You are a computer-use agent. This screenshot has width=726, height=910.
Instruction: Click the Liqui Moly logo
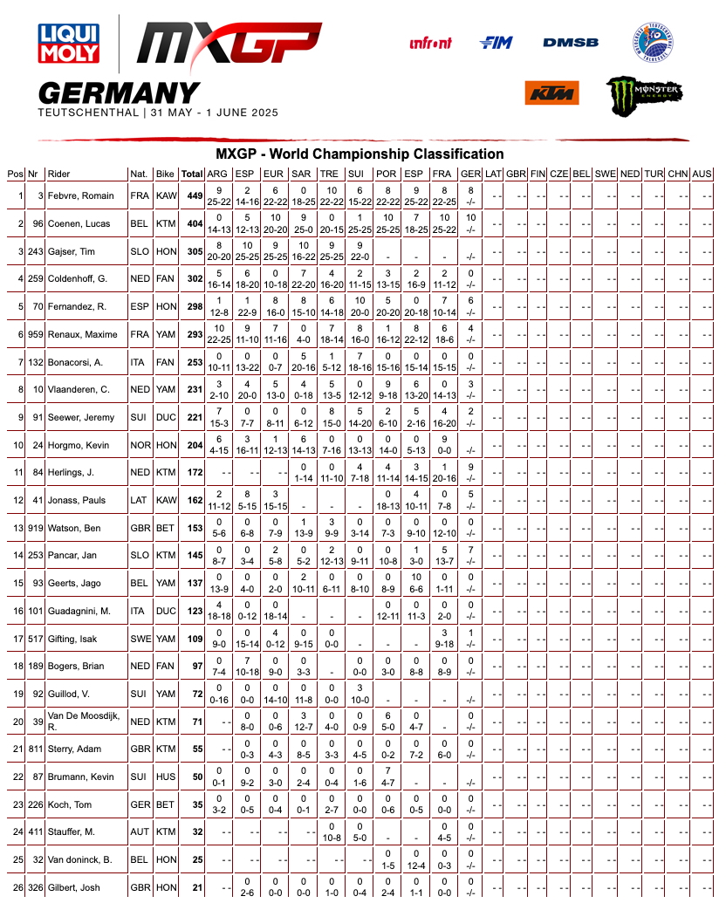(x=68, y=44)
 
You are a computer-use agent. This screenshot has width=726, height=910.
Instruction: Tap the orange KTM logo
(x=551, y=92)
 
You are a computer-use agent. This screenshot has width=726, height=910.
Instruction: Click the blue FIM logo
(x=497, y=42)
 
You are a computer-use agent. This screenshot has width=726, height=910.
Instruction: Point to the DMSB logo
(x=571, y=42)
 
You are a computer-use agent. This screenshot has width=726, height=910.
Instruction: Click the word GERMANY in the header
(x=120, y=92)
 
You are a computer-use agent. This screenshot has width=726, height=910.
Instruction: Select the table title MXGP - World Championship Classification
(x=360, y=154)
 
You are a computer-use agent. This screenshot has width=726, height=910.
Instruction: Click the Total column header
(x=192, y=174)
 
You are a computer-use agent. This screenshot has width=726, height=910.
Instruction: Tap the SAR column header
(x=301, y=174)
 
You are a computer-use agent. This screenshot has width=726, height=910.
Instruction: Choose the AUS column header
(x=702, y=174)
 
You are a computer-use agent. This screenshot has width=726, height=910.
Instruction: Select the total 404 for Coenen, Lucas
(x=195, y=224)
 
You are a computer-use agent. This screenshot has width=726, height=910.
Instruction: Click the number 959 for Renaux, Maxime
(x=35, y=334)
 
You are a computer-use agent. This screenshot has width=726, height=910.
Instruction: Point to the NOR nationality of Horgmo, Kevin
(x=140, y=445)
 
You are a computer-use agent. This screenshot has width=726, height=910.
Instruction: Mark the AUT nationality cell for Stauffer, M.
(x=140, y=832)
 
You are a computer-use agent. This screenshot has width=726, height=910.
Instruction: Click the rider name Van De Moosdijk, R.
(x=85, y=722)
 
